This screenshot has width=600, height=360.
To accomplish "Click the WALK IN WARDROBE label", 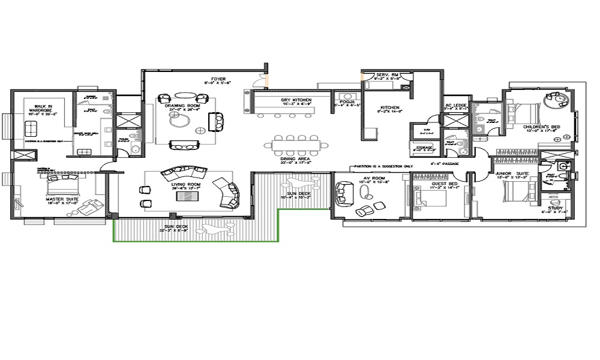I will pyautogui.click(x=43, y=109).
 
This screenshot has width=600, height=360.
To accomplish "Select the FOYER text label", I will pyautogui.click(x=217, y=79).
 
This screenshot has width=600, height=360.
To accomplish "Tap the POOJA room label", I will pyautogui.click(x=346, y=103).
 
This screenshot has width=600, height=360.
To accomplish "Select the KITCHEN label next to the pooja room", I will pyautogui.click(x=388, y=107).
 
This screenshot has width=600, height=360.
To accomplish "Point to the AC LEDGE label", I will pyautogui.click(x=455, y=106).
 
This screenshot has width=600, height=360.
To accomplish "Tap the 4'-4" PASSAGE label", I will pyautogui.click(x=445, y=163).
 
